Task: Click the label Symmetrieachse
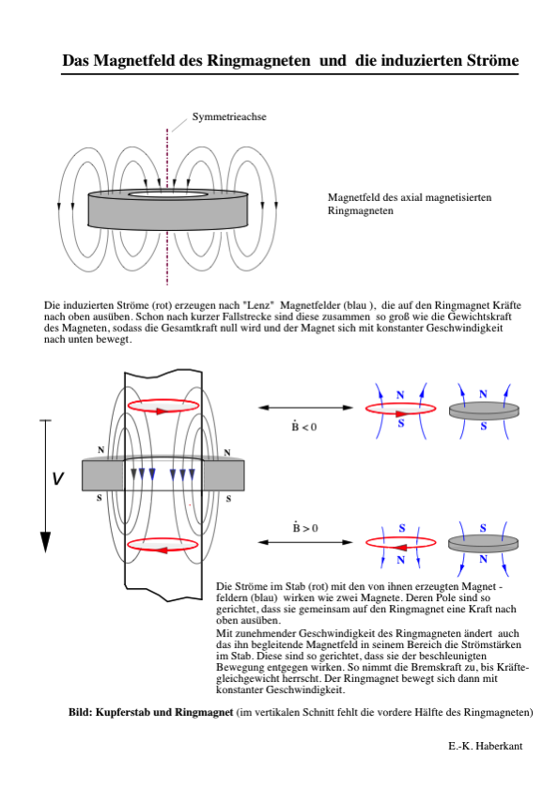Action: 229,116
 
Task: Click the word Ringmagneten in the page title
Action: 258,60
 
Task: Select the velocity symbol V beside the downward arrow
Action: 58,478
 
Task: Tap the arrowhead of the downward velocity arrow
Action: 45,543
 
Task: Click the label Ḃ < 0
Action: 304,426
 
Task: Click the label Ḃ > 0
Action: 305,527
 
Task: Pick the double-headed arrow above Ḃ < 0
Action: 305,408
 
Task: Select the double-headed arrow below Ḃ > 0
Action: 305,542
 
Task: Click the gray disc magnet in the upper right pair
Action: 484,410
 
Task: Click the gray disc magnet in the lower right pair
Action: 483,544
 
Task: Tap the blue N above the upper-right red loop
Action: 400,395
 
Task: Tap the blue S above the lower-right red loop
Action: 401,528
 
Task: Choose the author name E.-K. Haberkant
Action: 485,746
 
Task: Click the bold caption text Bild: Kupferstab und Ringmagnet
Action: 151,712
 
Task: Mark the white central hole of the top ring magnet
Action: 168,194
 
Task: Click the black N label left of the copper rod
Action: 101,450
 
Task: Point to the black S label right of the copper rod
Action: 228,499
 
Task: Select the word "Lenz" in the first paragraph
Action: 258,305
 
